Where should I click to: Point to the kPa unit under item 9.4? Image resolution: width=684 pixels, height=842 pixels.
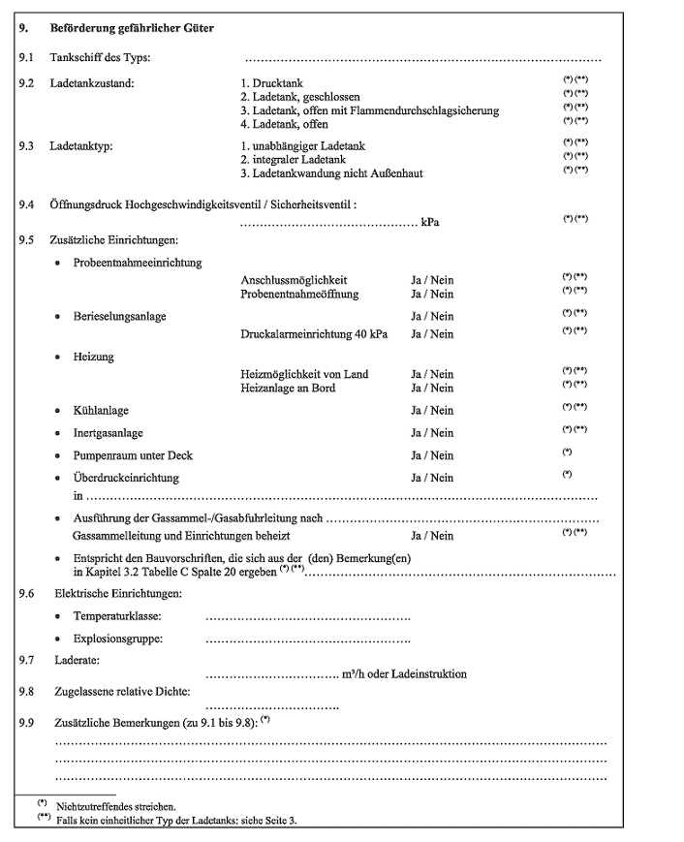coord(430,223)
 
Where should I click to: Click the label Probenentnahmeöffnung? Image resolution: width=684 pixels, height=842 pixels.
coord(299,294)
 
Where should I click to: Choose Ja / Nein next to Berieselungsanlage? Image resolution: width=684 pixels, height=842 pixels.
coord(432,316)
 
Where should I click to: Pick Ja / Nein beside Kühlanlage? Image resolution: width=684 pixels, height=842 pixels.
coord(432,411)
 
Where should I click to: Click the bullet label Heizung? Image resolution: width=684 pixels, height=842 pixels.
coord(93,357)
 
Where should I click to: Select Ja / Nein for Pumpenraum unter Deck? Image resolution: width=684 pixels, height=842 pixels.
coord(432,455)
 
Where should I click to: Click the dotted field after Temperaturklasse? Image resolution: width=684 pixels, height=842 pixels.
coord(308,617)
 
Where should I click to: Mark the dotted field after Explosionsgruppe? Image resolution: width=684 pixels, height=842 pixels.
coord(308,639)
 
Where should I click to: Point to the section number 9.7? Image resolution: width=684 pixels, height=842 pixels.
coord(26,660)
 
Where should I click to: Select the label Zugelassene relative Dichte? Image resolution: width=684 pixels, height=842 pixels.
coord(119,691)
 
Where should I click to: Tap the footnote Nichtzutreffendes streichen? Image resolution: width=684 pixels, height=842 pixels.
coord(116,805)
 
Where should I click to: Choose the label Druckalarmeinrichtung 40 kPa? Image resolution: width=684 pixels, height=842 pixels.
coord(314,334)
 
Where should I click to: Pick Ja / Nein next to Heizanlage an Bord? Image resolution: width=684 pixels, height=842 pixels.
coord(432,388)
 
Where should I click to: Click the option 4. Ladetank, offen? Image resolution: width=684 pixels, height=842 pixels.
coord(284,124)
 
